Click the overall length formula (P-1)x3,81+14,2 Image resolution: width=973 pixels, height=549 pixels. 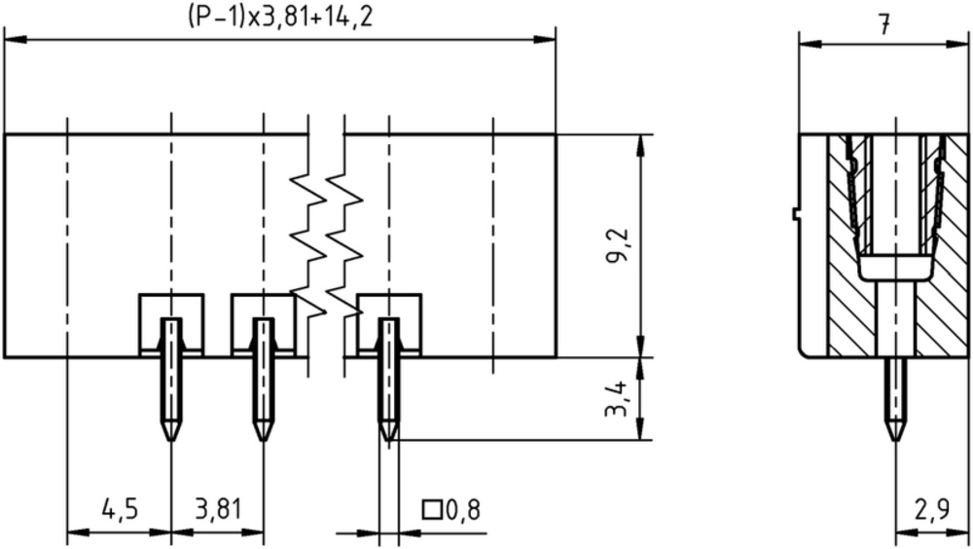click(x=280, y=17)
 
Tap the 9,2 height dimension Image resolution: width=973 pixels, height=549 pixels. click(x=618, y=245)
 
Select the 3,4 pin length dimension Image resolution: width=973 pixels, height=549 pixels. click(x=618, y=398)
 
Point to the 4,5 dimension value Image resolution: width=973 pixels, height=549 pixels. click(x=120, y=509)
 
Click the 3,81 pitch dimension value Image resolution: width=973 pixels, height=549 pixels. click(x=218, y=509)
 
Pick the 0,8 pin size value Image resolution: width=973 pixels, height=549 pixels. click(x=463, y=510)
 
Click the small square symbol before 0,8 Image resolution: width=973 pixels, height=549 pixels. click(x=431, y=510)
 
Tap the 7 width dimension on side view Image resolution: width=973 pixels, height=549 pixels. click(x=884, y=25)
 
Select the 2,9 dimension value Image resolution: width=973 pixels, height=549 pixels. click(x=932, y=509)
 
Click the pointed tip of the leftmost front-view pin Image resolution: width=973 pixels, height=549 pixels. click(x=172, y=440)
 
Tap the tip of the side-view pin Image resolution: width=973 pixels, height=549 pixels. click(x=895, y=440)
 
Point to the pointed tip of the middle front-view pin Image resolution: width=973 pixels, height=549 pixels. click(x=263, y=440)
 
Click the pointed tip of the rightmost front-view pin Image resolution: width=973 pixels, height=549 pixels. click(x=388, y=440)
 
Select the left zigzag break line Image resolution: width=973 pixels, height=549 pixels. click(x=308, y=245)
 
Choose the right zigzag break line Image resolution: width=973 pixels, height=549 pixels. click(x=343, y=245)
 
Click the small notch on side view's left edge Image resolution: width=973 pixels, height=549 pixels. click(x=796, y=213)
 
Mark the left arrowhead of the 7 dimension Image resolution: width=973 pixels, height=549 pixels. click(x=810, y=44)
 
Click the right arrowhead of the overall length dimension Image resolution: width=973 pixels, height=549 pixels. click(x=544, y=40)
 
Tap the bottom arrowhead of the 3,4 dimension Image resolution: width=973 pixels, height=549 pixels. click(x=640, y=429)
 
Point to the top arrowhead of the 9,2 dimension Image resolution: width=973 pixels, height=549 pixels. click(x=640, y=146)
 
